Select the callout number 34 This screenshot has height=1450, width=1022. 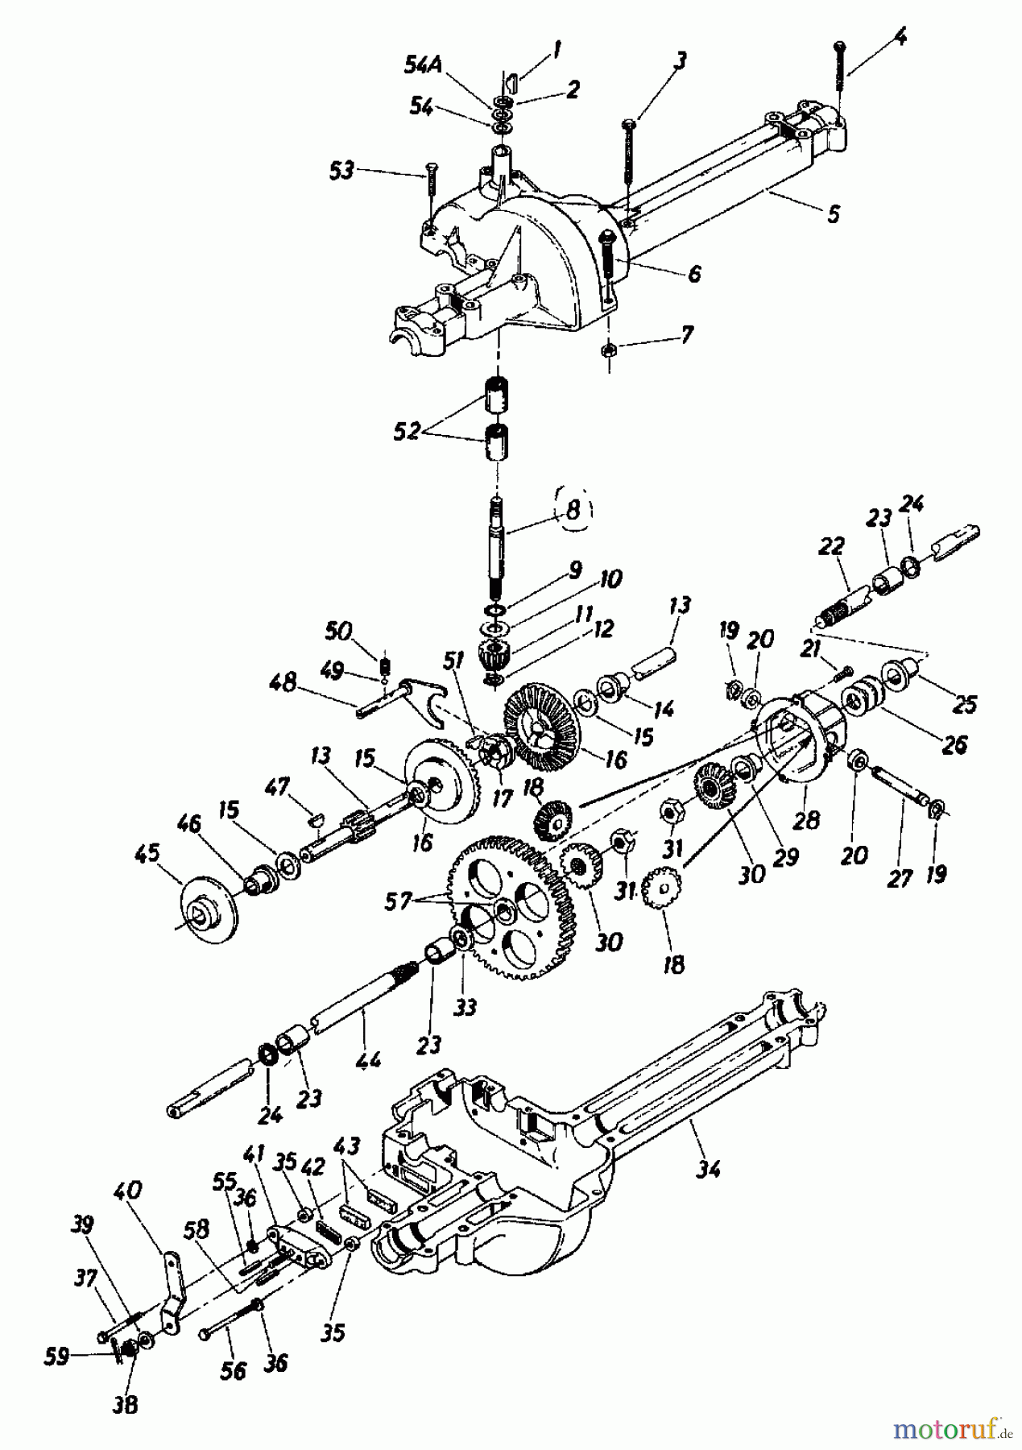pyautogui.click(x=710, y=1169)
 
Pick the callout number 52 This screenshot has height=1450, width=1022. pyautogui.click(x=408, y=432)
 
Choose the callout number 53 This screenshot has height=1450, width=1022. pyautogui.click(x=342, y=171)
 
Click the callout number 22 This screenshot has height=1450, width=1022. pyautogui.click(x=831, y=547)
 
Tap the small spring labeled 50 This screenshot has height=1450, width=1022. pyautogui.click(x=386, y=665)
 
